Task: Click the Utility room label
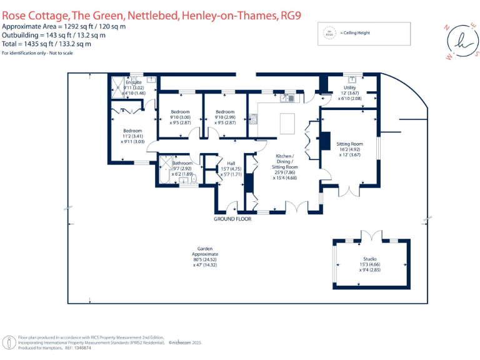pos(349,88)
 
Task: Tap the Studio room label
pos(371,258)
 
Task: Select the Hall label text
pos(231,163)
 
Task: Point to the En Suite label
pos(134,82)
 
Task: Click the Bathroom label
pos(182,163)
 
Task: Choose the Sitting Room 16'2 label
pos(350,144)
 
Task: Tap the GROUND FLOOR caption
pos(232,219)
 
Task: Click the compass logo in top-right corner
pos(462,41)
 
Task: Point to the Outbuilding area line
pos(54,35)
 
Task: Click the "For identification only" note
pos(37,53)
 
